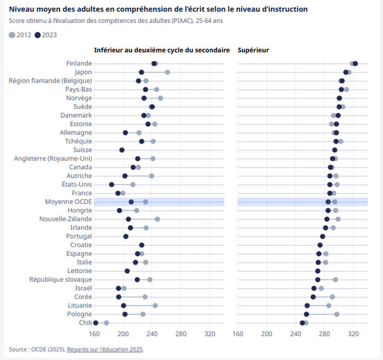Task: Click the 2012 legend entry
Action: [20, 35]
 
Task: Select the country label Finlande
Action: [79, 63]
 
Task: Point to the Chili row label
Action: [85, 323]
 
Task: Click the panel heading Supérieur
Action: [253, 50]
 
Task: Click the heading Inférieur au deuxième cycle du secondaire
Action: [162, 50]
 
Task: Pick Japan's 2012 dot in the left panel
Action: [167, 72]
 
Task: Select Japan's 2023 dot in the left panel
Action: [142, 72]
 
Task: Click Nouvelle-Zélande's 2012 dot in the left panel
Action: [157, 219]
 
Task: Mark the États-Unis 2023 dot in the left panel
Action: [111, 184]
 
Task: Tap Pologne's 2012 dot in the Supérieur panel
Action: [337, 314]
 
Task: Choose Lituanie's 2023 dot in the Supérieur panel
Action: [307, 305]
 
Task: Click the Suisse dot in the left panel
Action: [122, 150]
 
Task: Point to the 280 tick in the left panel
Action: [181, 334]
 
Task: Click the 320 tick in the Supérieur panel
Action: [353, 334]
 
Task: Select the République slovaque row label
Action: [60, 279]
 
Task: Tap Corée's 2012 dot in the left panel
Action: [145, 297]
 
